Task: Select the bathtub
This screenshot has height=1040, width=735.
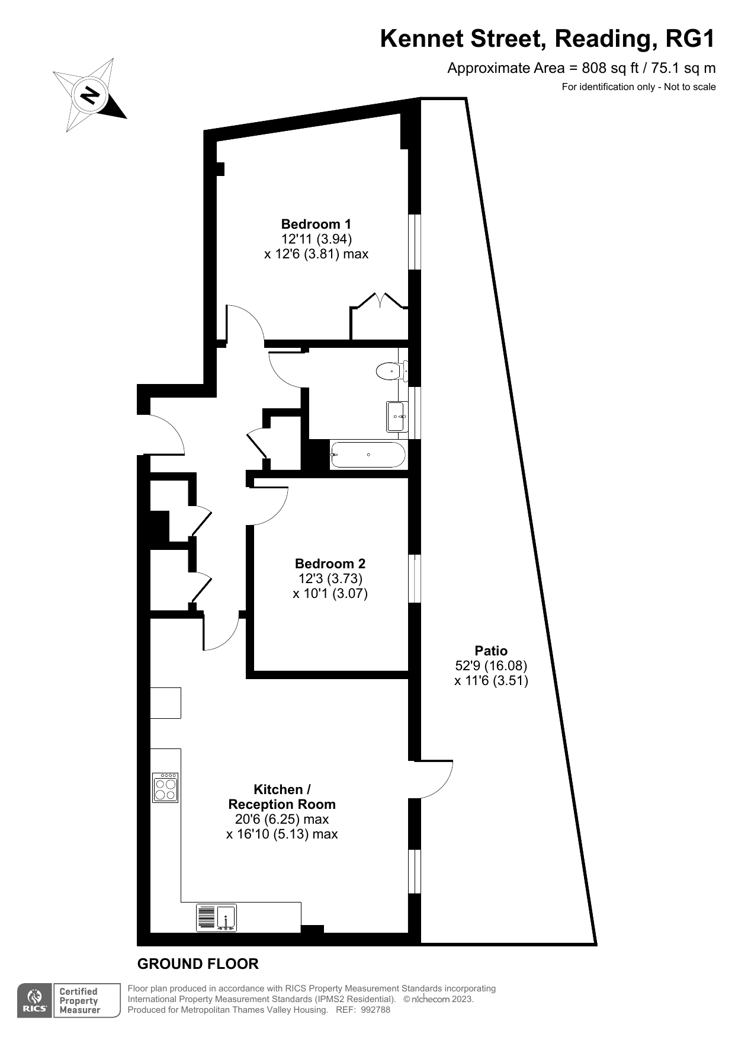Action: [368, 455]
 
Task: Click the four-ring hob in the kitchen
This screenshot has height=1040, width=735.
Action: [165, 788]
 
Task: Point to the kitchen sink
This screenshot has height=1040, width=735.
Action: [216, 917]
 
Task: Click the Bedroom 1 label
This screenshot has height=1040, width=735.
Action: [316, 224]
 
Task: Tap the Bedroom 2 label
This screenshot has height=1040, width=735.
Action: [330, 564]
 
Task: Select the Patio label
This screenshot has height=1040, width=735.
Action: [491, 651]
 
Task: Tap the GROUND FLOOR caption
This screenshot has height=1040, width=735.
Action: [198, 964]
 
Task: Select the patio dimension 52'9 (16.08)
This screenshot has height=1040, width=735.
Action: [491, 665]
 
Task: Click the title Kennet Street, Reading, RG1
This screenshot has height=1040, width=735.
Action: [548, 39]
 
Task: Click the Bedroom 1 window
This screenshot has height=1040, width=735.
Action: [415, 242]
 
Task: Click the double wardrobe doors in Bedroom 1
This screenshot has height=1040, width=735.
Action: [379, 300]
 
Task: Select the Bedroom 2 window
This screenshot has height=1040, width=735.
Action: [415, 579]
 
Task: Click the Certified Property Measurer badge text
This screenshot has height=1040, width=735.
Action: [79, 1001]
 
